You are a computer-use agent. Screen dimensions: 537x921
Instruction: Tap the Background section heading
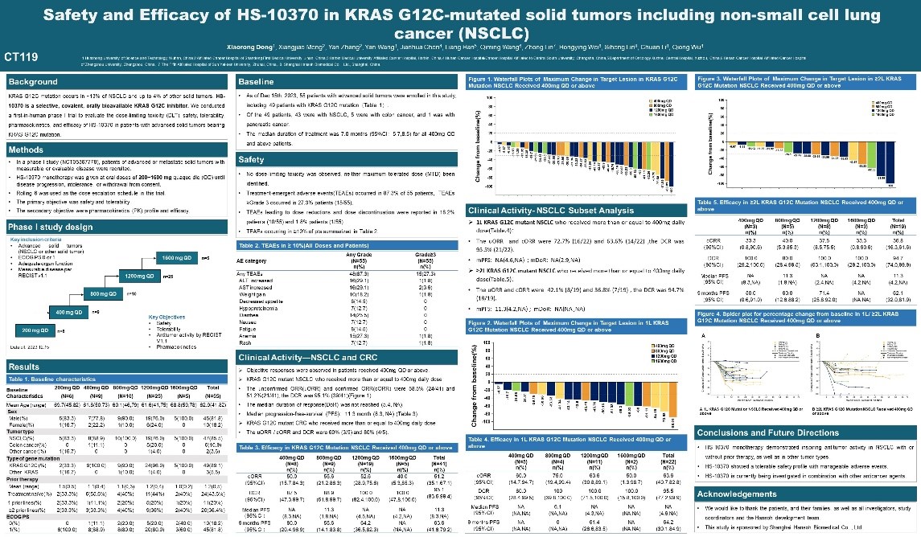[33, 82]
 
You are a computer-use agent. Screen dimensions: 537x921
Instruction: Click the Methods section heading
[27, 150]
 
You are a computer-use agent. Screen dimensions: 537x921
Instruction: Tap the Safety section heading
[252, 160]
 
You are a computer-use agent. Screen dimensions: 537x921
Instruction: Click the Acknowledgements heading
[737, 494]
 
